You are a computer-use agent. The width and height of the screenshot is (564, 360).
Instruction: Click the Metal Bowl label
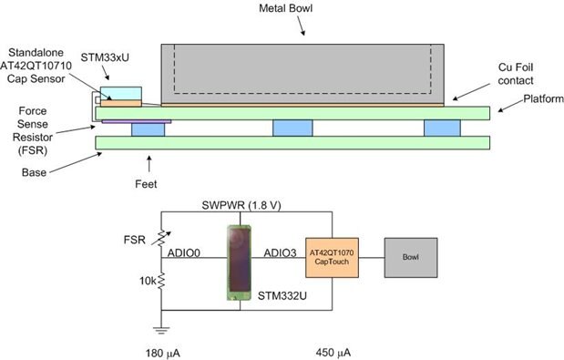click(x=285, y=8)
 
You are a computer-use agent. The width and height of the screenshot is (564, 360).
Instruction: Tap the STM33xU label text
click(x=105, y=57)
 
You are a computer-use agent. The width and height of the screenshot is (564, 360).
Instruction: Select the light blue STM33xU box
click(x=121, y=94)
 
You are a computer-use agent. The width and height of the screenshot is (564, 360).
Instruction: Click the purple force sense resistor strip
click(x=137, y=121)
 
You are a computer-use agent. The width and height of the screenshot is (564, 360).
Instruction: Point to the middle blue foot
click(x=292, y=128)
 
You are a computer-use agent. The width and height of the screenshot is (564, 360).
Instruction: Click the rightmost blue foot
click(x=442, y=128)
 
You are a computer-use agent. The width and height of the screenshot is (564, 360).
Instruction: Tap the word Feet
click(x=146, y=184)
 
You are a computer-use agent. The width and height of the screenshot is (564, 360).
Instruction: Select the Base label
click(x=35, y=172)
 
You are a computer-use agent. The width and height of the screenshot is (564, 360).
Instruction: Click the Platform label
click(x=543, y=99)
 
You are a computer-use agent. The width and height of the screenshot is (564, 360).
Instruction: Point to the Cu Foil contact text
click(x=516, y=74)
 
